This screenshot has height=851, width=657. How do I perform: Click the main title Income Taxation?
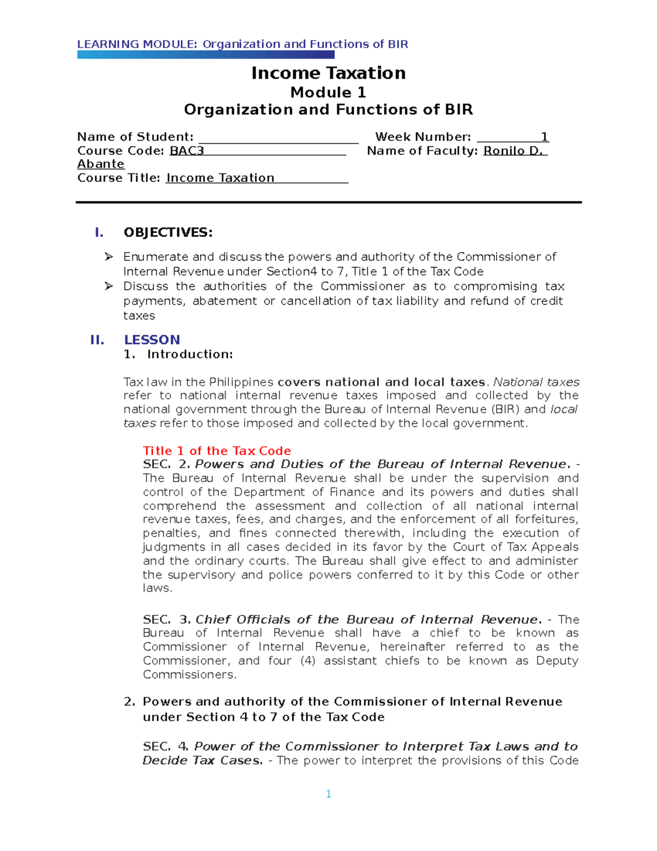tap(328, 73)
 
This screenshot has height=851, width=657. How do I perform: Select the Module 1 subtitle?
tap(328, 92)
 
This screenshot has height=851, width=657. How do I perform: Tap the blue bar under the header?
tap(205, 54)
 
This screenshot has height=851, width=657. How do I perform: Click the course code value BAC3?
tap(187, 151)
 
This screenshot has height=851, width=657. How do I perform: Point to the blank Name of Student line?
tap(278, 138)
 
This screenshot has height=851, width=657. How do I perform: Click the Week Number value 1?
tap(544, 137)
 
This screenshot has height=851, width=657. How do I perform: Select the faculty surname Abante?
tap(101, 164)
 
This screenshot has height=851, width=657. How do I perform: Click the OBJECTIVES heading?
tap(168, 232)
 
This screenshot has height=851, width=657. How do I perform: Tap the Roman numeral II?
tap(97, 340)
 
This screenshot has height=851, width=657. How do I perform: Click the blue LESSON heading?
tap(152, 340)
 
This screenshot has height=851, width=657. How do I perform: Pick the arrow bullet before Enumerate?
tap(109, 256)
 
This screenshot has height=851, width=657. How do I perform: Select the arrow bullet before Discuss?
tap(109, 286)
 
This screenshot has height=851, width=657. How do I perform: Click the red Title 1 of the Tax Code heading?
tap(217, 450)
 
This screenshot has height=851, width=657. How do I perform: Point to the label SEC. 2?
tap(166, 464)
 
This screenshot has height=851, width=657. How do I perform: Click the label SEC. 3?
tap(166, 620)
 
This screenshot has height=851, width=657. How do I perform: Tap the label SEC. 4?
tap(166, 746)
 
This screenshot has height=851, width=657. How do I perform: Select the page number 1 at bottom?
tap(328, 794)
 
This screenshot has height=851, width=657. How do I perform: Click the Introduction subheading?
tap(189, 355)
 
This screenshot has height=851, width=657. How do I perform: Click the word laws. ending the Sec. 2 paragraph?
tap(158, 588)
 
